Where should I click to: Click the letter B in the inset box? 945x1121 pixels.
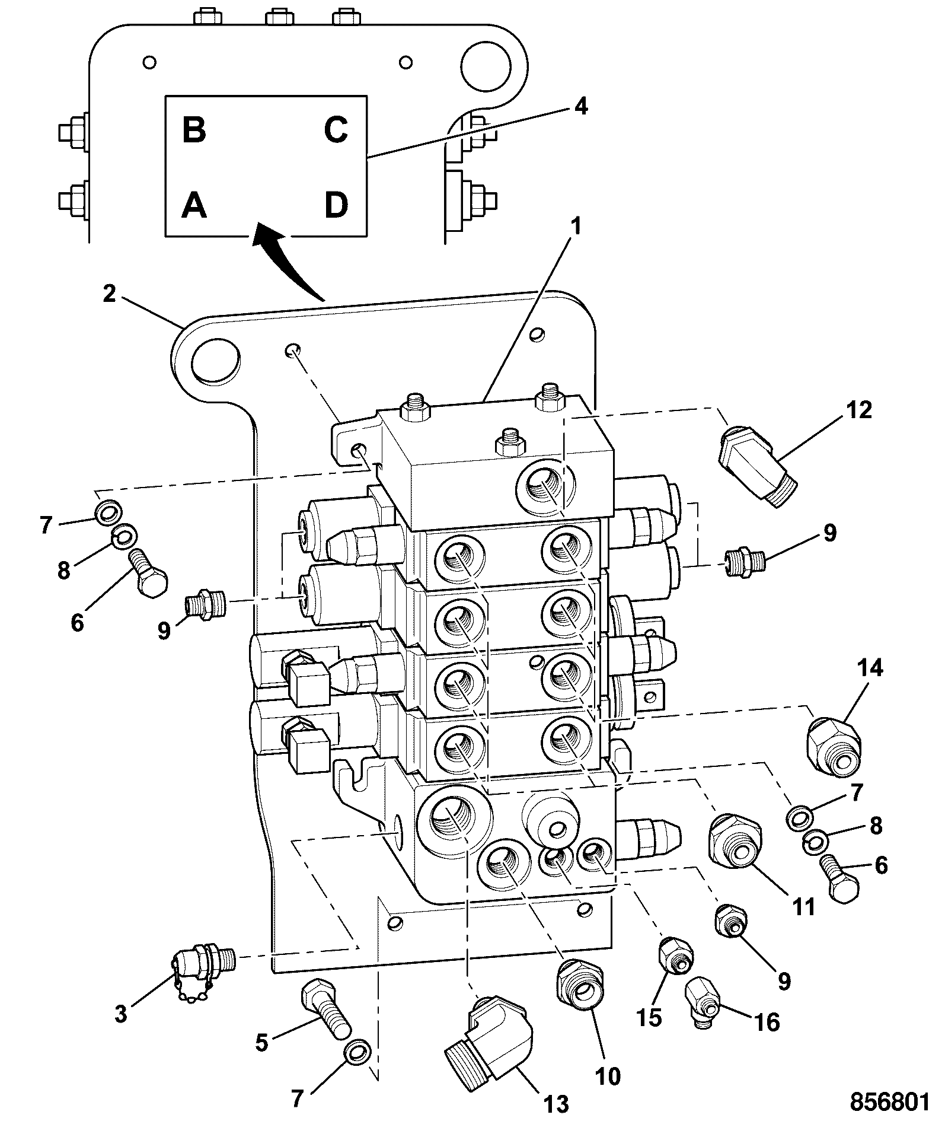coord(194,129)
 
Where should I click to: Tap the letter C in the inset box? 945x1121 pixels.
coord(336,129)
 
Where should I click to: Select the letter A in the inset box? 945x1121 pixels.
coord(194,205)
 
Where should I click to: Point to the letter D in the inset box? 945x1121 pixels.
coord(336,205)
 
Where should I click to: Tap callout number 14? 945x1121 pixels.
coord(869,668)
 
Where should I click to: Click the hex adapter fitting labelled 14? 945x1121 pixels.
coord(833,744)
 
